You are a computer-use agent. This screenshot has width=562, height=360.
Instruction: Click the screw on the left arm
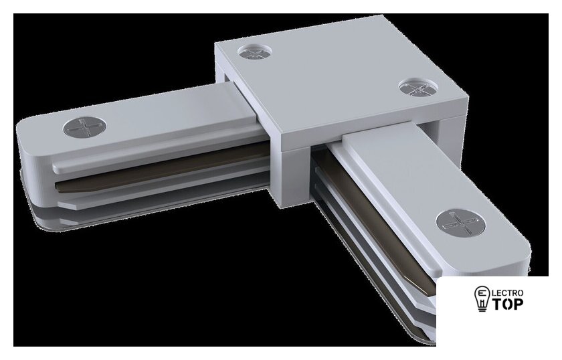coord(85,127)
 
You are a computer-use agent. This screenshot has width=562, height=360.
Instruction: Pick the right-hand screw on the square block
coord(418,87)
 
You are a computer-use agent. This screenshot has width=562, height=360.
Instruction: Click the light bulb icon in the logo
coord(482,298)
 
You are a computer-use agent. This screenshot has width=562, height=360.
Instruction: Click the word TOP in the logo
coord(507,304)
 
